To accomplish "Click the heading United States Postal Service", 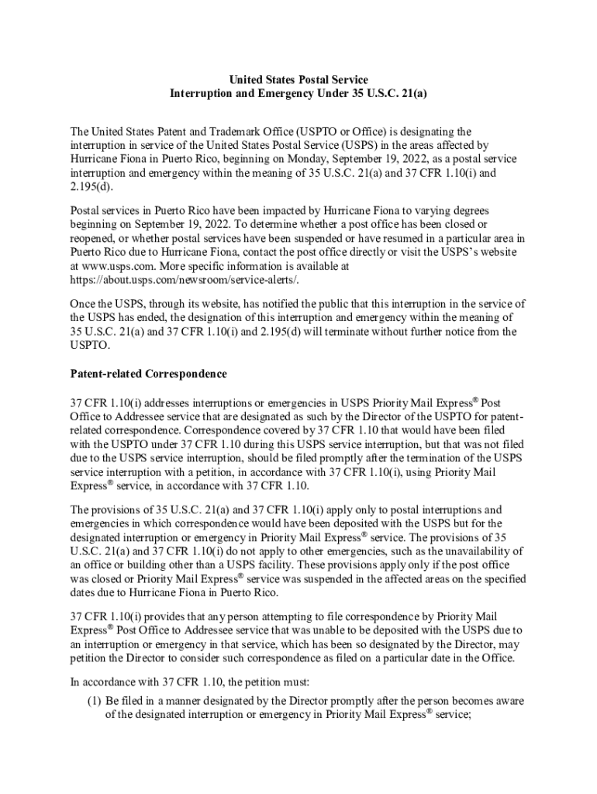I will click(x=298, y=80).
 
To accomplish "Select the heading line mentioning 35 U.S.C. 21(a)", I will click(x=298, y=93).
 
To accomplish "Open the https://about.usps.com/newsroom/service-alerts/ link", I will click(x=185, y=278).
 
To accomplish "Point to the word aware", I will click(x=508, y=700).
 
